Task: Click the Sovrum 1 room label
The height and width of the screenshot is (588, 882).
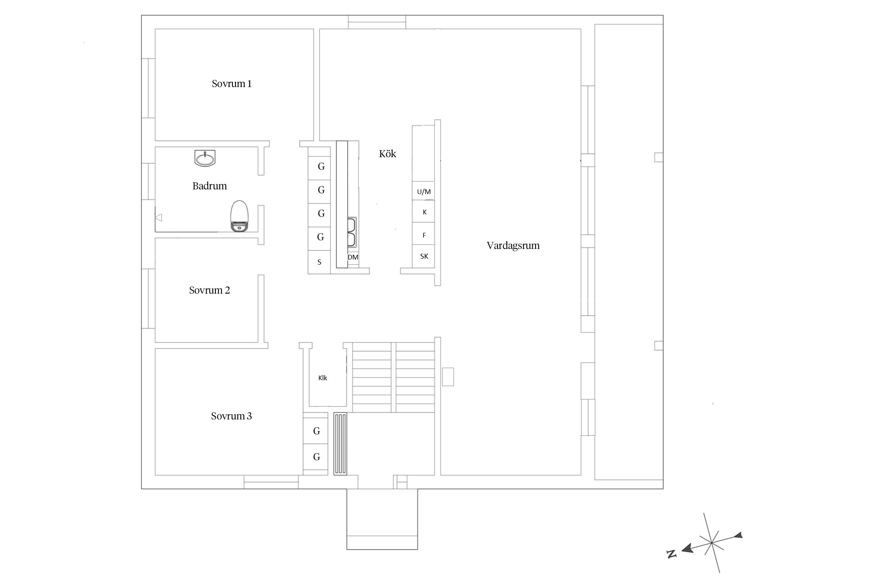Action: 232,83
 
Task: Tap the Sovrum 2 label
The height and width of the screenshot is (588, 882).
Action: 209,290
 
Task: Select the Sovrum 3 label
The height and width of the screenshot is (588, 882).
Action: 231,416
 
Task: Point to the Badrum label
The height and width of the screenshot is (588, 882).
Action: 209,186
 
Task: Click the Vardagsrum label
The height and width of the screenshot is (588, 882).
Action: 513,246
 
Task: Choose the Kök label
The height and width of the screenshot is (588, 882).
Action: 387,154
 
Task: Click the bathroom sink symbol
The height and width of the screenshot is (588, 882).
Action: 205,158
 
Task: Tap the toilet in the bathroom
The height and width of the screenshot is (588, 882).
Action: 239,216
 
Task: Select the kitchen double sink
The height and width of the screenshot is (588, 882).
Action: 352,232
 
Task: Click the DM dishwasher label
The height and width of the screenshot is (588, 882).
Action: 353,257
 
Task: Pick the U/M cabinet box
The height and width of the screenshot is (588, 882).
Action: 423,191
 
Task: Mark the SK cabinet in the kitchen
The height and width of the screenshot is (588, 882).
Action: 423,256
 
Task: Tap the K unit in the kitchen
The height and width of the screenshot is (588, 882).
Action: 423,212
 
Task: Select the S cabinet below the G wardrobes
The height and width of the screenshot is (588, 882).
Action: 319,262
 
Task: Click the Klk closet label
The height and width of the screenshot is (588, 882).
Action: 323,378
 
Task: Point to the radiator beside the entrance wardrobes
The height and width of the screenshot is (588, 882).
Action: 340,444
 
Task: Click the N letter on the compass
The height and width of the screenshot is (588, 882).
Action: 672,554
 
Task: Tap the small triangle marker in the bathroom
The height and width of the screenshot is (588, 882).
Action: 159,217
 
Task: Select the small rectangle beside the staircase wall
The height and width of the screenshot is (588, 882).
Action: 448,377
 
